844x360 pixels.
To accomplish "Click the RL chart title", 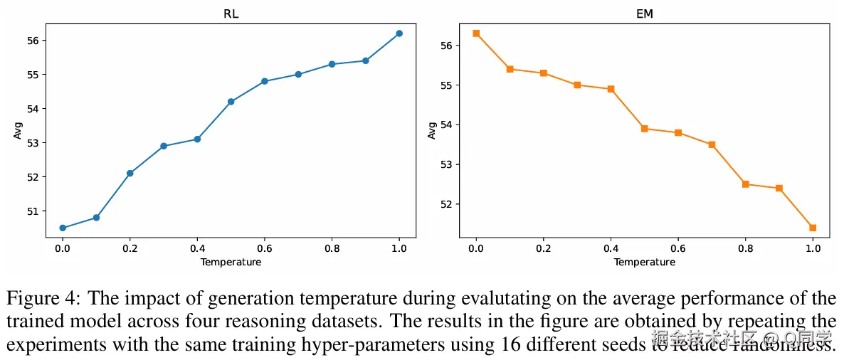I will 231,12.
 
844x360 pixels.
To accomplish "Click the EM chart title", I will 644,12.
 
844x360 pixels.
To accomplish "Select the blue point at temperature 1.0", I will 399,33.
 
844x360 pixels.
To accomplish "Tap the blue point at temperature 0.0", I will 63,228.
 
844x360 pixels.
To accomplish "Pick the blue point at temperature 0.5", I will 231,102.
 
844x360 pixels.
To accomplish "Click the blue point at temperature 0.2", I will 130,173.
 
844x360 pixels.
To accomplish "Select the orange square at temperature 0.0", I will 476,33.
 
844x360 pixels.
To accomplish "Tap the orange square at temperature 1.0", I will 813,228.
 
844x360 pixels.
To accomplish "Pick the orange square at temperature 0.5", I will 645,129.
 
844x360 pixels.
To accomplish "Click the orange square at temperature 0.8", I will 746,184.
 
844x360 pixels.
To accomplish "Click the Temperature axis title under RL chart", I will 231,262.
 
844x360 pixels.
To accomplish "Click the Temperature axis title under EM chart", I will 644,262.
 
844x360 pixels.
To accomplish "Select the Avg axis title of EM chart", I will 431,130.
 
